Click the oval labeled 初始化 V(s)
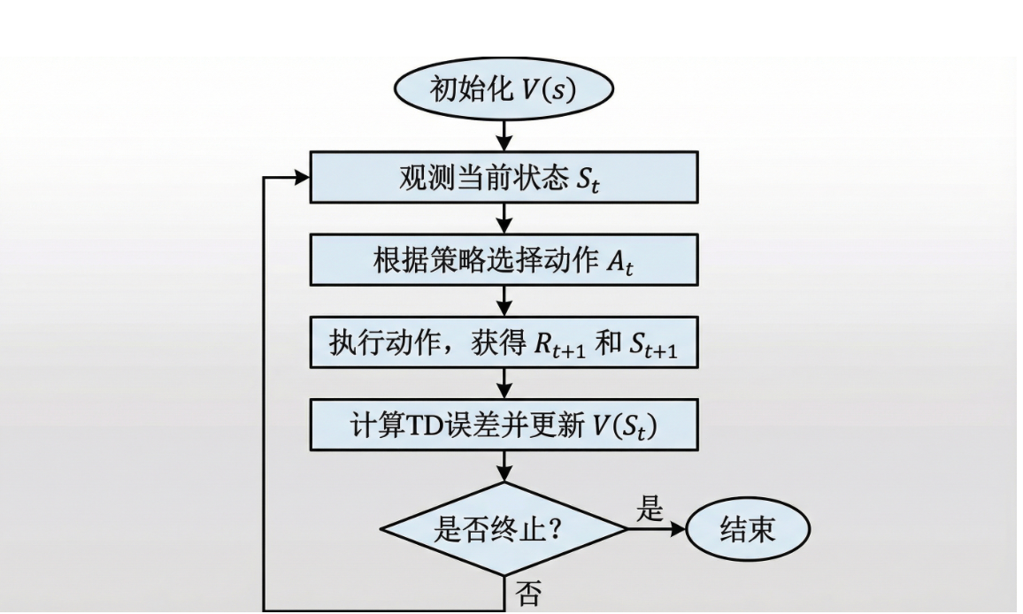(x=504, y=89)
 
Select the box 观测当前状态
(x=504, y=177)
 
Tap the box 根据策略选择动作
(x=504, y=259)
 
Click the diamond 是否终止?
(x=504, y=529)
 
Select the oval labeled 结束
(x=748, y=529)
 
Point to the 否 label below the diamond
(x=528, y=593)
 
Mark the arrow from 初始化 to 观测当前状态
(x=504, y=135)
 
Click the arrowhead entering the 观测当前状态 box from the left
(x=301, y=177)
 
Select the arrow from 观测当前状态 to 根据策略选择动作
(x=504, y=218)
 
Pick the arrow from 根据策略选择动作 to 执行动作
(x=504, y=300)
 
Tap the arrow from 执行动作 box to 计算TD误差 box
(x=504, y=382)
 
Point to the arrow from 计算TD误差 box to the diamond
(x=504, y=466)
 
